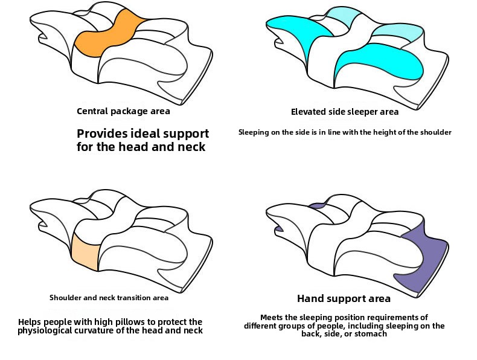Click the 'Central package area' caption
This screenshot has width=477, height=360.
[123, 111]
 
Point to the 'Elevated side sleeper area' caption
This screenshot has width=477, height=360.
[345, 112]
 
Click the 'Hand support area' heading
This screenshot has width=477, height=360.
[344, 298]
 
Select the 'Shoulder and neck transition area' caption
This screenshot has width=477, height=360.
[109, 298]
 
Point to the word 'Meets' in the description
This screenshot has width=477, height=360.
[272, 318]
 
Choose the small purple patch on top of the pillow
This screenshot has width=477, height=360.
[316, 206]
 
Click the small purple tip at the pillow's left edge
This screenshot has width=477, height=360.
[279, 229]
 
